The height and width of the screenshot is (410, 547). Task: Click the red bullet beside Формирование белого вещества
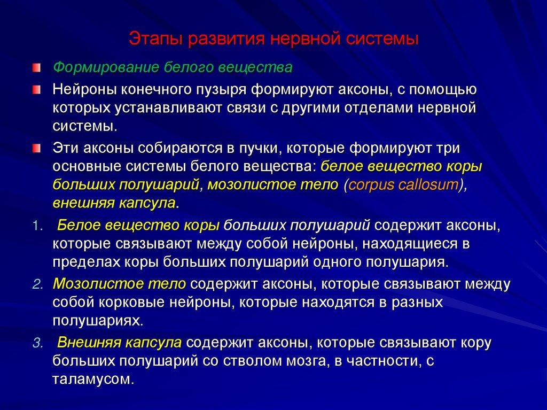pyautogui.click(x=35, y=68)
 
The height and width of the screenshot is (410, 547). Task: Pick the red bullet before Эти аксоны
pyautogui.click(x=35, y=148)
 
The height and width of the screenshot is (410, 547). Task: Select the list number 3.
pyautogui.click(x=36, y=343)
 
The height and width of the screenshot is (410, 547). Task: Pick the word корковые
pyautogui.click(x=127, y=302)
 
